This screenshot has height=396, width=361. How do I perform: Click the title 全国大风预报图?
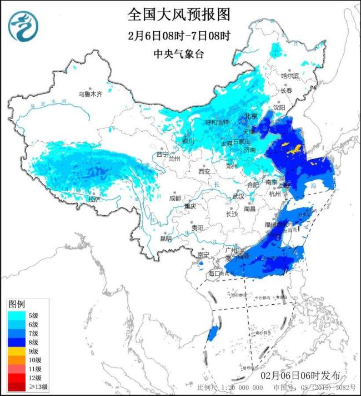(x=179, y=13)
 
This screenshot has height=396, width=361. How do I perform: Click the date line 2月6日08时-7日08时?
(x=179, y=36)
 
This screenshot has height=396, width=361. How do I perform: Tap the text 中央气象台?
(x=178, y=54)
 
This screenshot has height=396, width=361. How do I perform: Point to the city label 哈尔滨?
(x=289, y=75)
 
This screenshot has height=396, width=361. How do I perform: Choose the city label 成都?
(x=175, y=198)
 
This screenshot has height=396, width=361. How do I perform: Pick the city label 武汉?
(x=238, y=196)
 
